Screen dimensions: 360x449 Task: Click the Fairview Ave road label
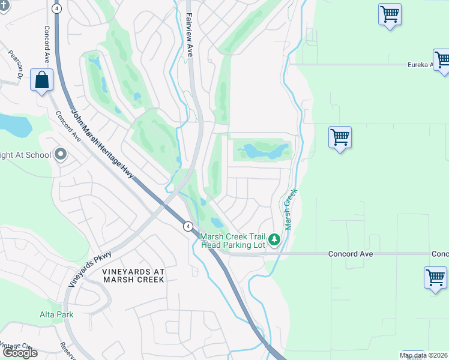(x=189, y=35)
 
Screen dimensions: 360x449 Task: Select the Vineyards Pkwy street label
(x=90, y=269)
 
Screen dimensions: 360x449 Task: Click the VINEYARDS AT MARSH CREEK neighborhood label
(x=133, y=276)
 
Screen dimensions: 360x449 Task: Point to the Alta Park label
(x=57, y=314)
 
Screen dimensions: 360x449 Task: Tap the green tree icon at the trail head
(x=274, y=240)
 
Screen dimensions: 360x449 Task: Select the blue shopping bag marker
(x=41, y=80)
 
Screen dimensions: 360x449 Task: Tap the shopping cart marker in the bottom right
(x=435, y=278)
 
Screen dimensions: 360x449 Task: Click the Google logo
(x=20, y=353)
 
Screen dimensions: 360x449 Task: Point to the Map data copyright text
(x=424, y=356)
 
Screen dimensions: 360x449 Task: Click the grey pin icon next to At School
(x=60, y=155)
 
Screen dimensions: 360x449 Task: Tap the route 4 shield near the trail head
(x=187, y=226)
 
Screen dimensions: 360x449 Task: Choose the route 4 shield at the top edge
(x=56, y=9)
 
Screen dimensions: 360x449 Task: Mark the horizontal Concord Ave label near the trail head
(x=351, y=254)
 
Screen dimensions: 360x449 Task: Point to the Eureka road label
(x=420, y=64)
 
